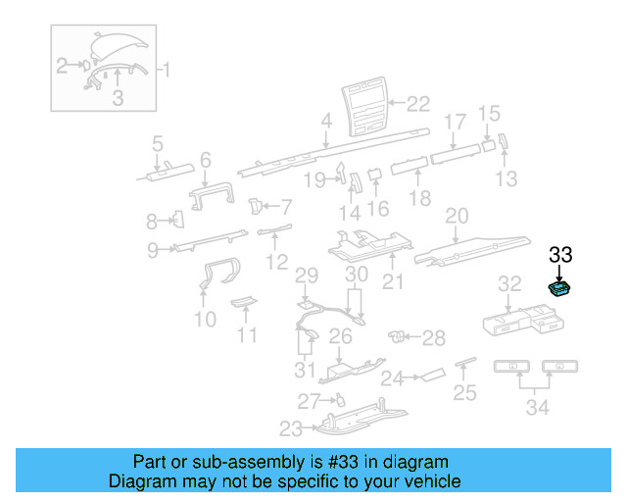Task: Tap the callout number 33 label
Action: pyautogui.click(x=559, y=255)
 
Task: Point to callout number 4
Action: pyautogui.click(x=325, y=123)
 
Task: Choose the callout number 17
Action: pyautogui.click(x=455, y=123)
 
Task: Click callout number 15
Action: pyautogui.click(x=488, y=113)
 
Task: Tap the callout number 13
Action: pyautogui.click(x=506, y=178)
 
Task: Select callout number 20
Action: pyautogui.click(x=458, y=215)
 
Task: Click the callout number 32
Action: pyautogui.click(x=509, y=284)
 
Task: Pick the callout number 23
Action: pyautogui.click(x=291, y=427)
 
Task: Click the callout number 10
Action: pyautogui.click(x=205, y=319)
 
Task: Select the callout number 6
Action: pyautogui.click(x=206, y=159)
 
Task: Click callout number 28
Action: pyautogui.click(x=433, y=337)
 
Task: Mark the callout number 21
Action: pyautogui.click(x=393, y=283)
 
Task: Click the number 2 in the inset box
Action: pyautogui.click(x=62, y=66)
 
